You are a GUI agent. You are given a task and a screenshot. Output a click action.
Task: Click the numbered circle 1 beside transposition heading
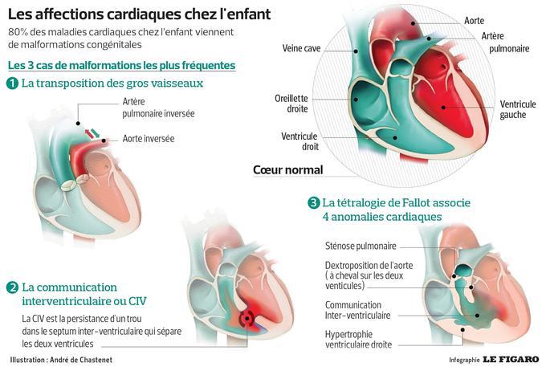pyautogui.click(x=12, y=84)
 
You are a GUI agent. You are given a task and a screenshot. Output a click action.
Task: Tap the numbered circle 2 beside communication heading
pyautogui.click(x=12, y=287)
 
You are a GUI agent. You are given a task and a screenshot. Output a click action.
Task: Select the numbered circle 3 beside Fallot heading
pyautogui.click(x=314, y=202)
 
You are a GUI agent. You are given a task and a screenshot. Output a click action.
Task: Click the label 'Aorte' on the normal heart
pyautogui.click(x=474, y=21)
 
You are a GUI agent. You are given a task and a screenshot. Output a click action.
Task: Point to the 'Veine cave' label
pyautogui.click(x=301, y=48)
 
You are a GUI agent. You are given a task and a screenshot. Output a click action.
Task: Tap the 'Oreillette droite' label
pyautogui.click(x=291, y=104)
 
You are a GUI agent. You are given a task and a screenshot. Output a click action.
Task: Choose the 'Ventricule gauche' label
pyautogui.click(x=518, y=109)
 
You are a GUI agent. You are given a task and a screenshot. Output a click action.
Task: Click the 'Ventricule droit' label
pyautogui.click(x=299, y=141)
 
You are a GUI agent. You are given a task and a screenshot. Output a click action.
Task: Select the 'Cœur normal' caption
pyautogui.click(x=288, y=170)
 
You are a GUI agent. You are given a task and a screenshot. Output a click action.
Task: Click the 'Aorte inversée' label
pyautogui.click(x=149, y=139)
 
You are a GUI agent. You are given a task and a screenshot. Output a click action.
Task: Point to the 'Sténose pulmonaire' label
pyautogui.click(x=361, y=247)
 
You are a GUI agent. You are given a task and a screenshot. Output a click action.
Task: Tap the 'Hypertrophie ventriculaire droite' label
pyautogui.click(x=358, y=340)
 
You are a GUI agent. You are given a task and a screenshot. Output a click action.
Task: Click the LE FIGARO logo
pyautogui.click(x=511, y=359)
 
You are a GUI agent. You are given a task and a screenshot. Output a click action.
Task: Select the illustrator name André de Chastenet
pyautogui.click(x=81, y=360)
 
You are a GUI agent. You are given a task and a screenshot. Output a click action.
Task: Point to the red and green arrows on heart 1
pyautogui.click(x=92, y=133)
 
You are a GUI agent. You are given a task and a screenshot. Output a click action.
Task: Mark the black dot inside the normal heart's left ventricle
pyautogui.click(x=443, y=107)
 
